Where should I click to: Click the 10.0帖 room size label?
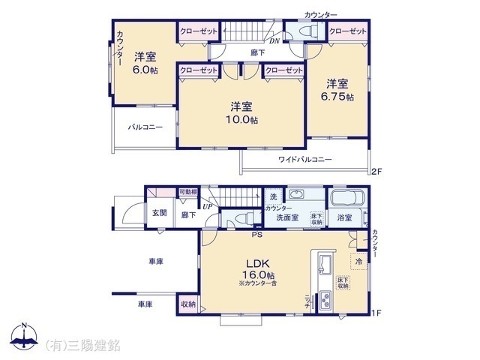244,119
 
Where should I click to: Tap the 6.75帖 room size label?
339,99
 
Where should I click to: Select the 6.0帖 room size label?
145,70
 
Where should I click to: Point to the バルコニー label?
145,127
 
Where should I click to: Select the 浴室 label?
345,218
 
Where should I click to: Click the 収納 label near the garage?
187,304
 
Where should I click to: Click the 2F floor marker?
377,172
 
